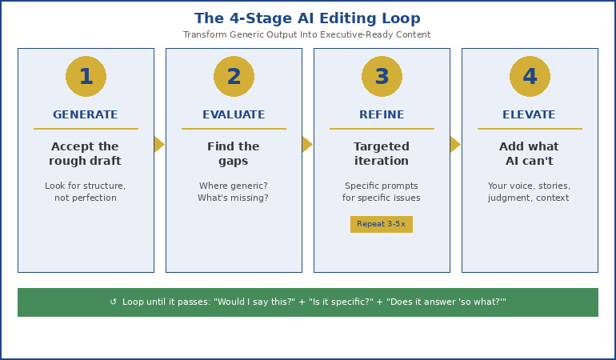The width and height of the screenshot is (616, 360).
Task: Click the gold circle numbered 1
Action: tap(86, 77)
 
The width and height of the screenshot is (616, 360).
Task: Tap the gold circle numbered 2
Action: tap(234, 77)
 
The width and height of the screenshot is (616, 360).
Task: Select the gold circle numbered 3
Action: tap(382, 77)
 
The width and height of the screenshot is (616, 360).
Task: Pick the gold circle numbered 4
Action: tap(530, 77)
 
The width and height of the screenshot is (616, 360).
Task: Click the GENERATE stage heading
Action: tap(86, 115)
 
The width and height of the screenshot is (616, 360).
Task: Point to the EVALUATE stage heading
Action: tap(234, 115)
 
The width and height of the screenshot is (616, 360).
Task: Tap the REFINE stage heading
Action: tap(382, 115)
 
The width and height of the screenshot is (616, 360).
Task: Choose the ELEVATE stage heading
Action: tap(530, 115)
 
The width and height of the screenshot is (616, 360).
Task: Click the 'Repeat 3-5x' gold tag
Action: tap(382, 224)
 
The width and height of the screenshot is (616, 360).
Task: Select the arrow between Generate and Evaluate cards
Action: tap(159, 144)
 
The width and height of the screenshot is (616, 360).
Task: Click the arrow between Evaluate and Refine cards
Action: tap(307, 144)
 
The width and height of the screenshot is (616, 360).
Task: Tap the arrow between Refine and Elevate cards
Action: tap(455, 144)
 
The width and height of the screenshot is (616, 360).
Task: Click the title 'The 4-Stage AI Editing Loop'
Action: tap(307, 18)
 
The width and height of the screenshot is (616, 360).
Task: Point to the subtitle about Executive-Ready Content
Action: tap(307, 35)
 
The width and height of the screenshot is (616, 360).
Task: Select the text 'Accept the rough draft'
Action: tap(86, 154)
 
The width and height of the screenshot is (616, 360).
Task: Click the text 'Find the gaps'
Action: tap(234, 154)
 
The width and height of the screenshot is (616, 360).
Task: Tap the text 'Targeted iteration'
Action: tap(382, 154)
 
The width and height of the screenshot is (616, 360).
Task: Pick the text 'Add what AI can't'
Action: tap(530, 154)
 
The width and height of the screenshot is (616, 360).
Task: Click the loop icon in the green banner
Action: tap(114, 302)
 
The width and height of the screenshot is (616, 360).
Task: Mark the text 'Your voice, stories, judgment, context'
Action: tap(530, 192)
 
